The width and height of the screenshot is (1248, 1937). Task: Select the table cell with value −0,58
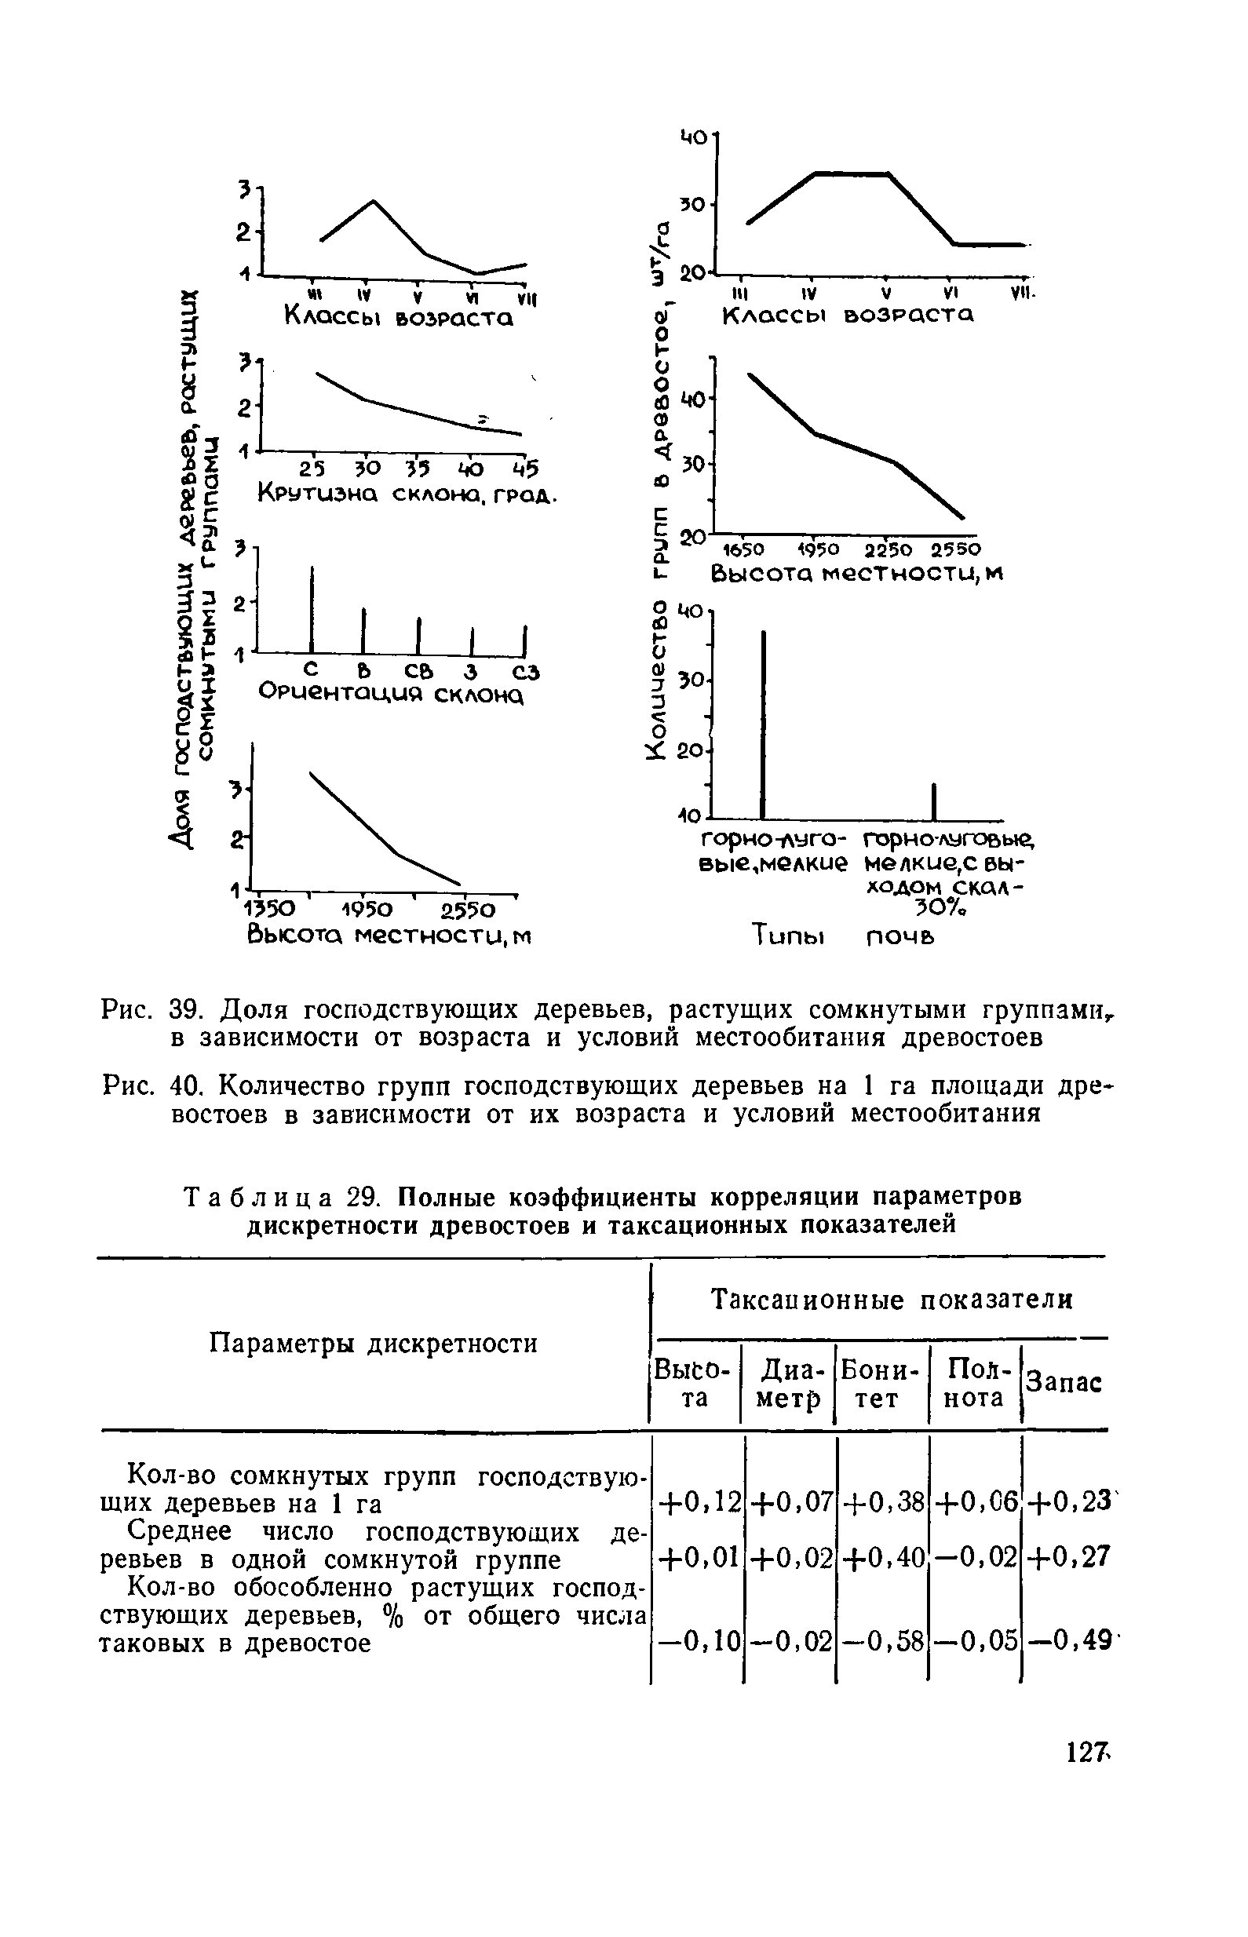click(882, 1642)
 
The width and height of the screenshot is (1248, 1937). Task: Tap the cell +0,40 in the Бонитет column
click(882, 1557)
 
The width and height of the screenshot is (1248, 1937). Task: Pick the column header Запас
click(1064, 1382)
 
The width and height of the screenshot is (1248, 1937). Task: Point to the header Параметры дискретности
click(373, 1344)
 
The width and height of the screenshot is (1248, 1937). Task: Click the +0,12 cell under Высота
click(699, 1504)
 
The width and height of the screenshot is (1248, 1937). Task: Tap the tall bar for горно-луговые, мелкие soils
click(763, 725)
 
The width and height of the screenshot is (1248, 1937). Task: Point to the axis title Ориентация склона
click(391, 695)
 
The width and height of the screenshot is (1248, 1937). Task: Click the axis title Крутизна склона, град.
click(407, 493)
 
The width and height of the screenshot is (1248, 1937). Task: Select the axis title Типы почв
click(843, 936)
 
